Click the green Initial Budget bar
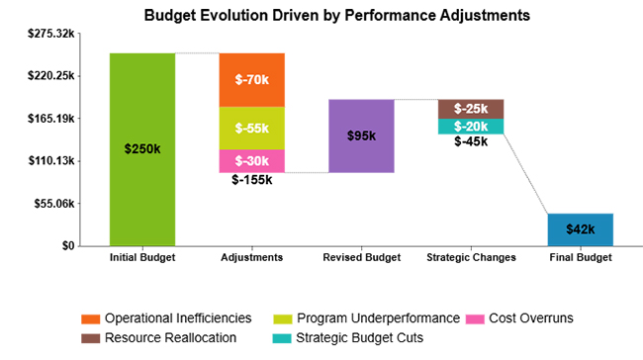[x=142, y=148]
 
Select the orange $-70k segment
[x=251, y=79]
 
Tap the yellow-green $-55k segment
[x=251, y=128]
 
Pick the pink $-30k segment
[x=251, y=160]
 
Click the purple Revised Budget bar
[x=361, y=135]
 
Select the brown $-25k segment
[x=471, y=108]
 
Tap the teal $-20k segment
[x=471, y=126]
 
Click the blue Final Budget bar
[x=580, y=229]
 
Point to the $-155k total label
[x=251, y=180]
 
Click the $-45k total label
[x=471, y=141]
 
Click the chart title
[x=322, y=16]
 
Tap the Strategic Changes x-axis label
[x=471, y=257]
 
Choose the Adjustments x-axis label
[x=251, y=257]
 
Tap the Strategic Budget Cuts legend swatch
[x=282, y=337]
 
